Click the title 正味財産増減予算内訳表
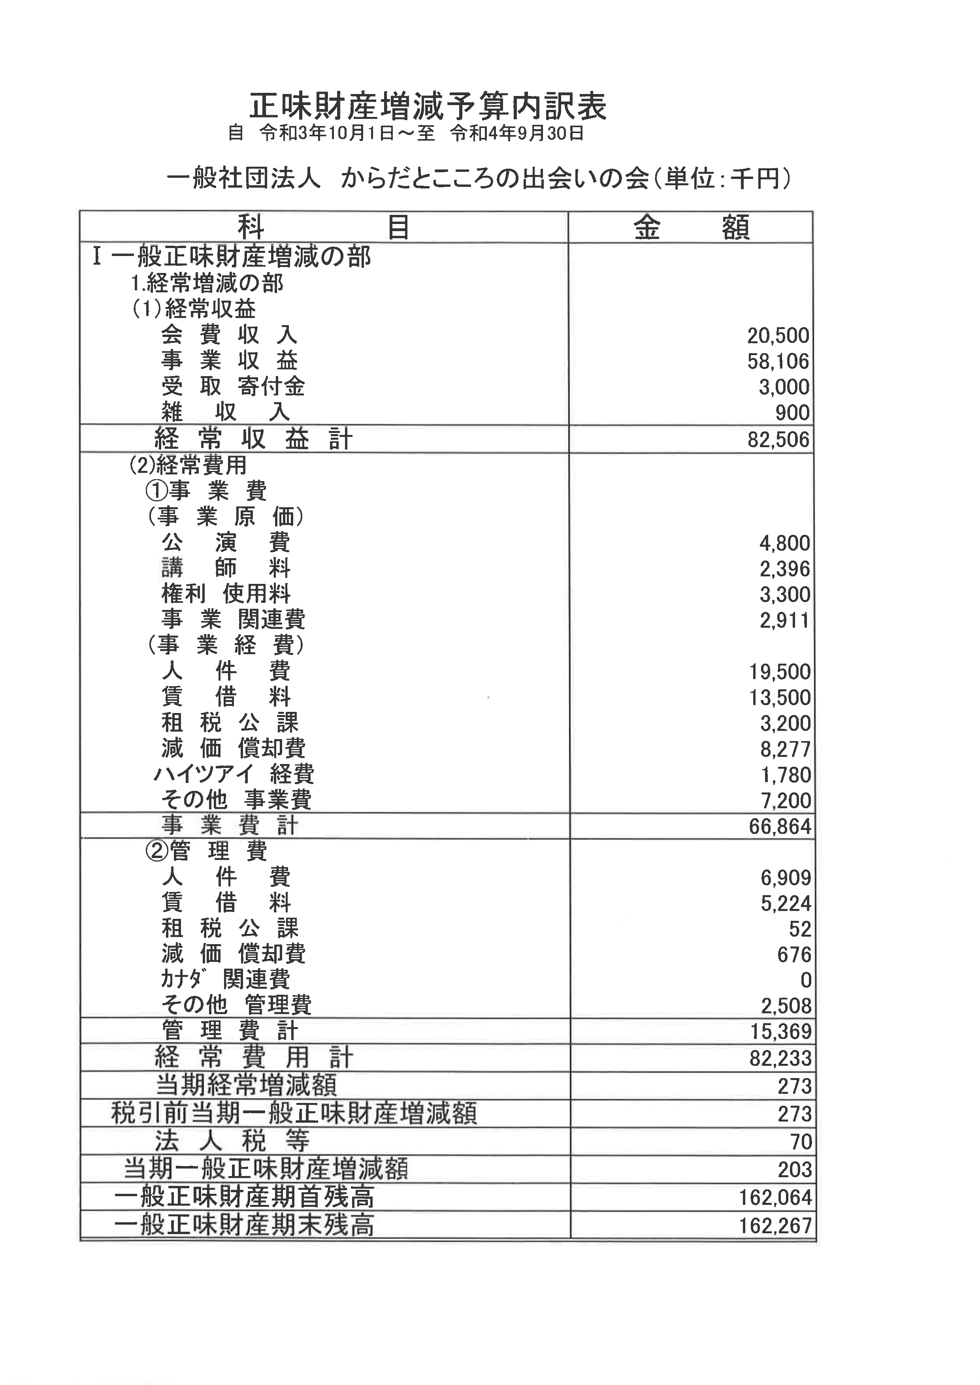coord(428,107)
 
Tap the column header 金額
coord(691,228)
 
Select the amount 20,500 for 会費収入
coord(778,335)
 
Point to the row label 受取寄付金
coord(233,387)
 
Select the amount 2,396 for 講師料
coord(784,569)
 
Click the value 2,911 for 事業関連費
coord(784,620)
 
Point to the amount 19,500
coord(779,672)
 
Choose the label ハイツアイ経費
coord(234,775)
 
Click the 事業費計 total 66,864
coord(780,826)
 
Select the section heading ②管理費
coord(206,851)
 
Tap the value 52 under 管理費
coord(799,929)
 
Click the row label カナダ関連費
coord(226,980)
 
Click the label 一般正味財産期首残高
coord(244,1197)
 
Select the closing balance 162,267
coord(775,1226)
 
